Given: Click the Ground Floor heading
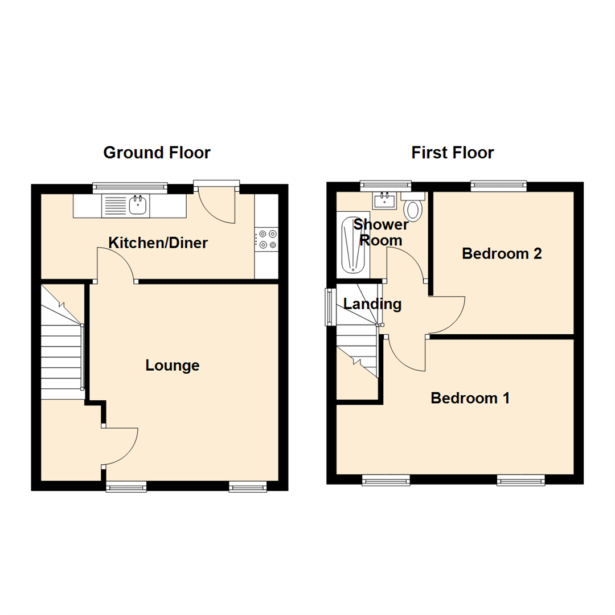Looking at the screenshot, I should click(157, 153).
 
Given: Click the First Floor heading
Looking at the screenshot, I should click(452, 153).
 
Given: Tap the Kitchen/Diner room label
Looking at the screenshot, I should click(158, 243).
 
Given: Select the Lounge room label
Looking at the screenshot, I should click(173, 365).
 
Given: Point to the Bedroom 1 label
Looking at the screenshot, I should click(470, 398).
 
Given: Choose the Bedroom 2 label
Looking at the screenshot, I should click(502, 253).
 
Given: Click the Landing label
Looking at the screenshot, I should click(372, 304).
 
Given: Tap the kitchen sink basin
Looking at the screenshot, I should click(137, 204).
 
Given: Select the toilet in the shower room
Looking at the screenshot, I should click(414, 208).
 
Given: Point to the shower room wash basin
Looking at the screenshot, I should click(386, 200).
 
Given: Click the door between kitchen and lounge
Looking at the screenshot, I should click(116, 265).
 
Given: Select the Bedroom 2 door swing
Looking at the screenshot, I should click(448, 315).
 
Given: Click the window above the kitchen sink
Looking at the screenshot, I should click(130, 186).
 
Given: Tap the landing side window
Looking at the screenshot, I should click(329, 307).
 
